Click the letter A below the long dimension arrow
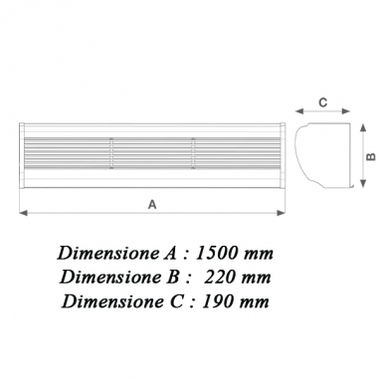[151, 203]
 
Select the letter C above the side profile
[321, 100]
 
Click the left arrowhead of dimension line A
[22, 211]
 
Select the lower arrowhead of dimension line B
[353, 187]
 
